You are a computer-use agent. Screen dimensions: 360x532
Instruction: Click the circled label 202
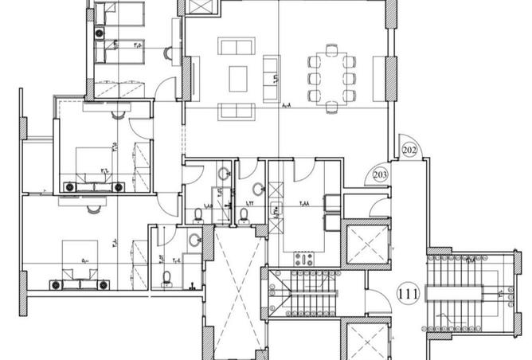coord(410,149)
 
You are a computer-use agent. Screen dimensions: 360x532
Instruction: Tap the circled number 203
coord(380,174)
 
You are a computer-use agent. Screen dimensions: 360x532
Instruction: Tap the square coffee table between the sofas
coord(239,78)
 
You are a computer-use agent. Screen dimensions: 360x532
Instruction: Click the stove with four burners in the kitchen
coord(305,259)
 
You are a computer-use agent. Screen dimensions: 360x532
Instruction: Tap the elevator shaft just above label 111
coord(366,246)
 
